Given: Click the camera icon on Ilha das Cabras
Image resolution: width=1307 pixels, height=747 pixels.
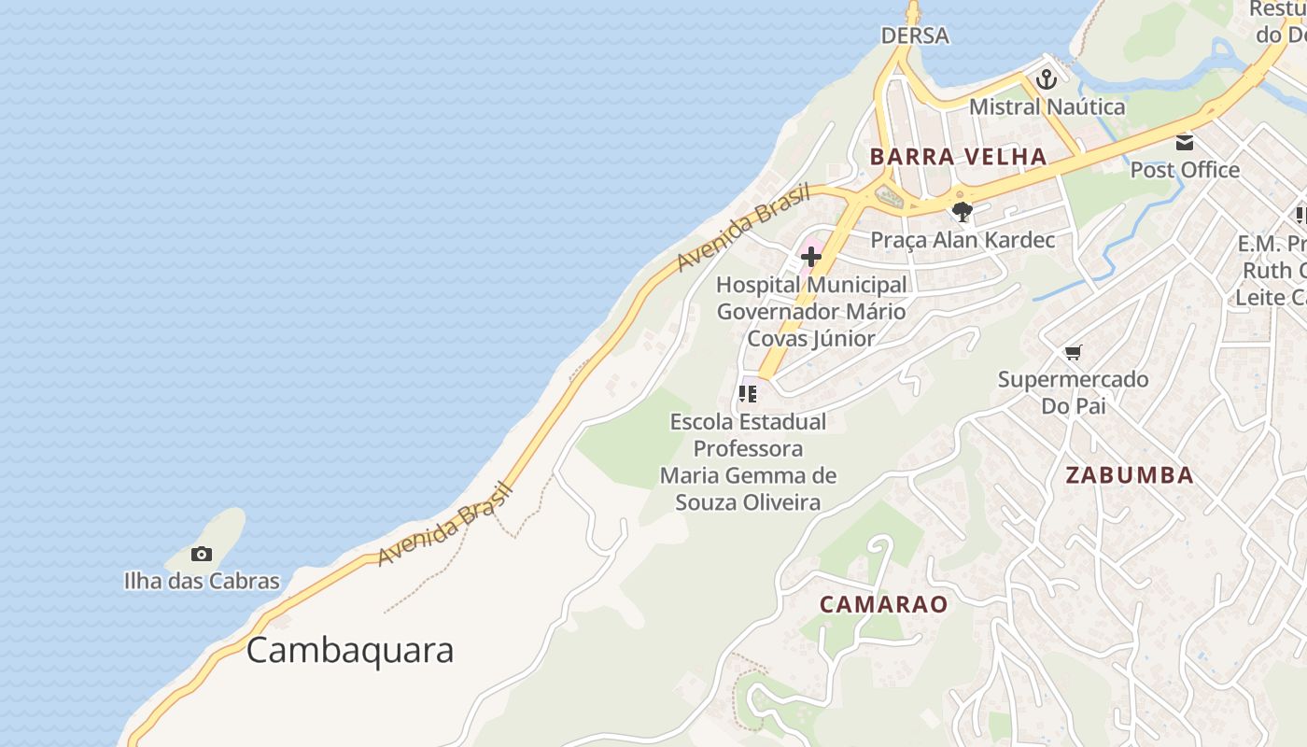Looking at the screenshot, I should pyautogui.click(x=202, y=555).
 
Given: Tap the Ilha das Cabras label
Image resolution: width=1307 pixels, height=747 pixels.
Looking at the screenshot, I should pyautogui.click(x=202, y=581).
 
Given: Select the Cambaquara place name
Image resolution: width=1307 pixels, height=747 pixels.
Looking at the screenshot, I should pyautogui.click(x=350, y=650).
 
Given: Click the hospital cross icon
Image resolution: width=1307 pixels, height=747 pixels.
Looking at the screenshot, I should pyautogui.click(x=810, y=257).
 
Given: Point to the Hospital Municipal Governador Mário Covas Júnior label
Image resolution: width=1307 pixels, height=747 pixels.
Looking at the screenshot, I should pyautogui.click(x=811, y=311).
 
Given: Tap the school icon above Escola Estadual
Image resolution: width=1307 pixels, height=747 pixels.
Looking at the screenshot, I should pyautogui.click(x=747, y=394).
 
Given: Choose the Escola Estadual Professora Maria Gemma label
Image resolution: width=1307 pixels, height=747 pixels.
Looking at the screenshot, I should pyautogui.click(x=748, y=461).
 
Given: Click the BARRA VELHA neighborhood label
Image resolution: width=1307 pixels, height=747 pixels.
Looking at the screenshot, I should pyautogui.click(x=958, y=157).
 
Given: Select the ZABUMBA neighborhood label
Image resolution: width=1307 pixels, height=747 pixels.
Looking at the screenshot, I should pyautogui.click(x=1130, y=475).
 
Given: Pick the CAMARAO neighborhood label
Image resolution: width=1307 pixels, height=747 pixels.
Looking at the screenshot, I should pyautogui.click(x=883, y=604).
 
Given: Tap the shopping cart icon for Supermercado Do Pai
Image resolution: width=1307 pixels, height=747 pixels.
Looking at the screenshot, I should pyautogui.click(x=1073, y=353).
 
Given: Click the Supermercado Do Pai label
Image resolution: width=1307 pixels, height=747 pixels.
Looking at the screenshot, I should pyautogui.click(x=1073, y=392).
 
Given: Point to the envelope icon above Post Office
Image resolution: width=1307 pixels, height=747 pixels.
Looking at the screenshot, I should pyautogui.click(x=1185, y=143).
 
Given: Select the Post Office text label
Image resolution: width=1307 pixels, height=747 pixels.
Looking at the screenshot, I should pyautogui.click(x=1185, y=170).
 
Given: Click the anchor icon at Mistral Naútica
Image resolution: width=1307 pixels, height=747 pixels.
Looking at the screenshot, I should pyautogui.click(x=1046, y=79).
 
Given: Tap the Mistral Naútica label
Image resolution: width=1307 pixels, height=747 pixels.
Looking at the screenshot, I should pyautogui.click(x=1047, y=106).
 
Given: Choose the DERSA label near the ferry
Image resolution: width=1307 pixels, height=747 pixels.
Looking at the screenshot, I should pyautogui.click(x=915, y=35).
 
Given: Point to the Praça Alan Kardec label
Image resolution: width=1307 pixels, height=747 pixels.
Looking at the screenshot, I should pyautogui.click(x=963, y=240).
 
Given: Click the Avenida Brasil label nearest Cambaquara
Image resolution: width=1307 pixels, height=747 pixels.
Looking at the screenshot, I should pyautogui.click(x=446, y=524).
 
